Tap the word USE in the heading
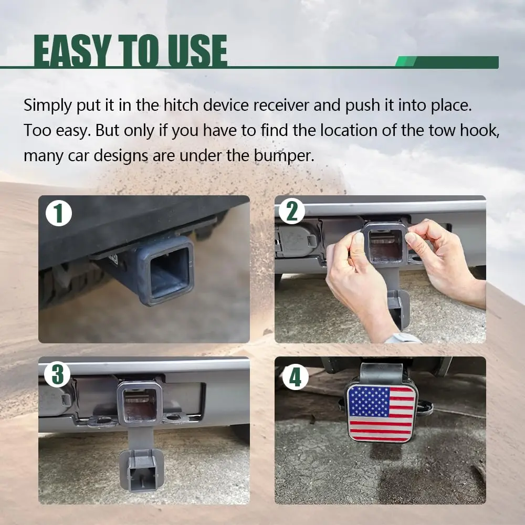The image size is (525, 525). tap(197, 50)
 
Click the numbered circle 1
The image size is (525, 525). tap(59, 213)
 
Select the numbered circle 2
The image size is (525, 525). tap(291, 211)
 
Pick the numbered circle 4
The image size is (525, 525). tap(295, 377)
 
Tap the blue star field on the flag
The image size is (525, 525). tap(369, 402)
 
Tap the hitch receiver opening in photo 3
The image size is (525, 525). tap(140, 405)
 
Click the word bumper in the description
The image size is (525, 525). tap(284, 156)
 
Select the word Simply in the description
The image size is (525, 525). tap(48, 106)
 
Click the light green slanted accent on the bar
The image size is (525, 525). tap(406, 62)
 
